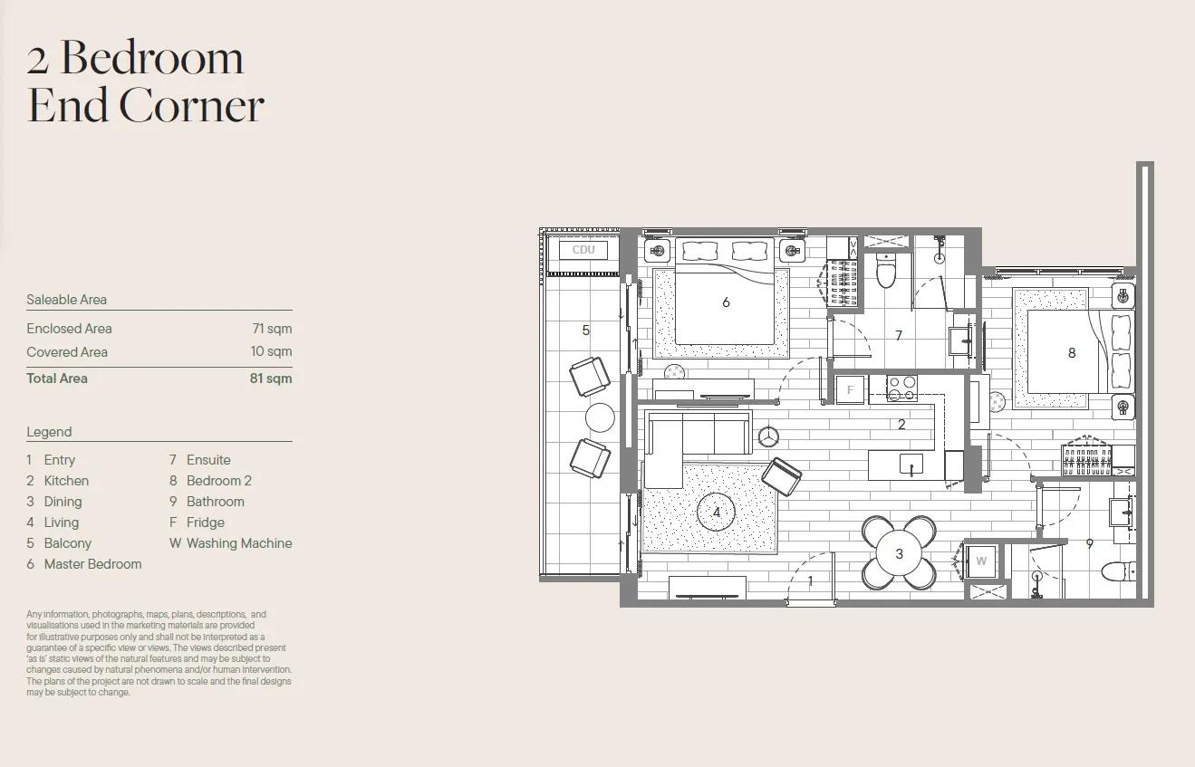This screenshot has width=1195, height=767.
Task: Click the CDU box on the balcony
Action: point(583,250)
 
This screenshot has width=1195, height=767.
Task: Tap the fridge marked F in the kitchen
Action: point(850,390)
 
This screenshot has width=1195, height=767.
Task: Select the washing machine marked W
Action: point(980,561)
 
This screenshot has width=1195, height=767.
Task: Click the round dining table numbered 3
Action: point(899,553)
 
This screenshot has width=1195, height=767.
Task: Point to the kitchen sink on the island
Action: point(911,464)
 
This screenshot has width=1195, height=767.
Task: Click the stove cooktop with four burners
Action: point(902,388)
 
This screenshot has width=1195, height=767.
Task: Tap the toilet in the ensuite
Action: point(885,271)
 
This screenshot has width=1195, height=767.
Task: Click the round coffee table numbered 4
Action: point(716,512)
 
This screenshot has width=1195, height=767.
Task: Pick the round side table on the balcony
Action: point(600,417)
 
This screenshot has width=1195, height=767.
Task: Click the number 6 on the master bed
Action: point(726,302)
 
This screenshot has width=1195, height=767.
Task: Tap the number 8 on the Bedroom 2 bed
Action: point(1072,352)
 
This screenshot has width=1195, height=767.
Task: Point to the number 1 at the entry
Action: point(810,580)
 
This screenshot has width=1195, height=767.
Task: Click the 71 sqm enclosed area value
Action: point(272,329)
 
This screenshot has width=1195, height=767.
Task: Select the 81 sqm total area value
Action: point(271,379)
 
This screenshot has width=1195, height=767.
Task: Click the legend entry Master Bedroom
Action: point(92,564)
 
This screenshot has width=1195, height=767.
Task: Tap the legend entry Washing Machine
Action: point(239,543)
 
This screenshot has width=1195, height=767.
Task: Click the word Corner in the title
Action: point(191,105)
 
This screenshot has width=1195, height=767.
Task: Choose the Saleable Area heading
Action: point(67,300)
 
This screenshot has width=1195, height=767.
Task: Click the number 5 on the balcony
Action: point(586,331)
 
